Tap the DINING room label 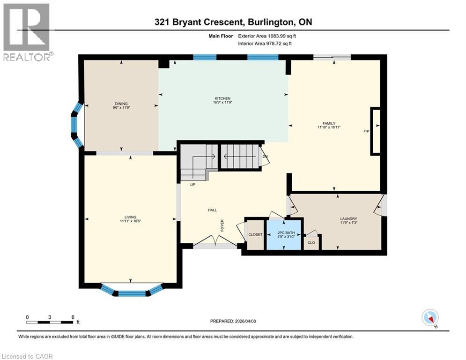(x=121, y=104)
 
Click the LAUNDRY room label (x=348, y=219)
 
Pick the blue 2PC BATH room (x=284, y=234)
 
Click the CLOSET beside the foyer (x=255, y=234)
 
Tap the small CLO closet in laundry (x=311, y=242)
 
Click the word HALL (x=212, y=210)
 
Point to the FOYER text (x=223, y=225)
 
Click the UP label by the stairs (x=192, y=185)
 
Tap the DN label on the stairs (x=265, y=157)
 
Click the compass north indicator (x=429, y=318)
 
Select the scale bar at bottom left (x=50, y=322)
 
